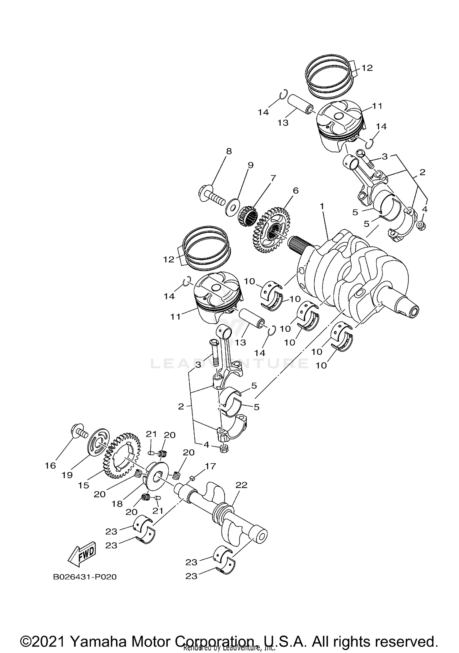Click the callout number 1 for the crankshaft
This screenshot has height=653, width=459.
322,206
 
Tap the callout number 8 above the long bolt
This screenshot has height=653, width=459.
229,151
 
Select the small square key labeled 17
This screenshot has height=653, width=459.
192,478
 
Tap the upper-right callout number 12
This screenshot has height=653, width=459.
367,68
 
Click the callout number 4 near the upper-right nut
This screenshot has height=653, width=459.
425,210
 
